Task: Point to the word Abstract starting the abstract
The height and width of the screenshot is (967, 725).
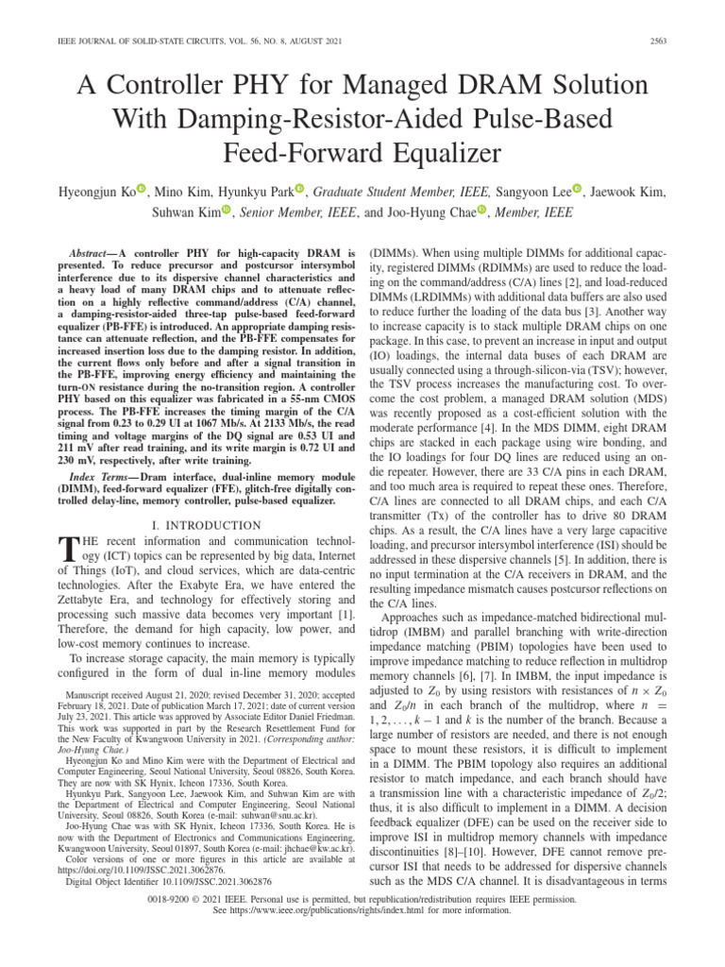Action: pyautogui.click(x=92, y=255)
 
